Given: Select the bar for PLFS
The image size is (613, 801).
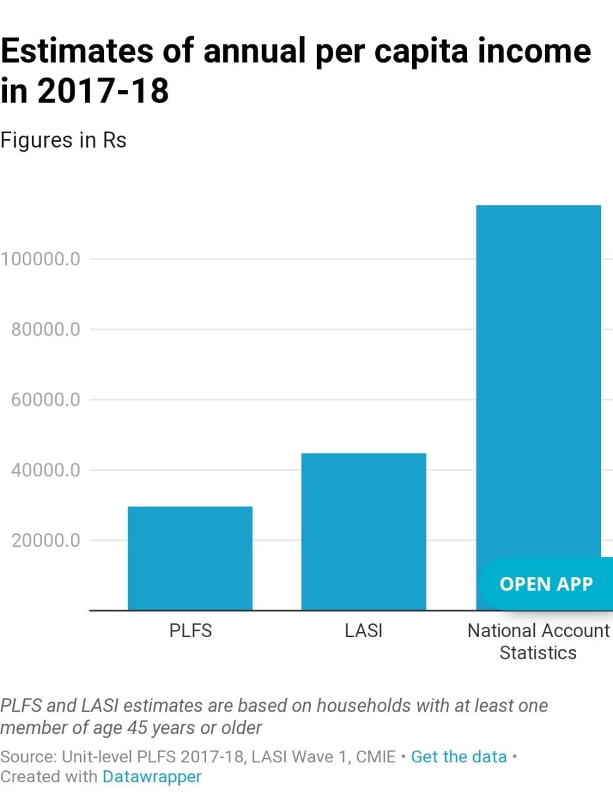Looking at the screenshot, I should pyautogui.click(x=190, y=558).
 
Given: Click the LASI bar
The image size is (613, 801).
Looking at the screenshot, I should pyautogui.click(x=363, y=531).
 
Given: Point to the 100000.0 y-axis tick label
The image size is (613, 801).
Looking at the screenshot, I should pyautogui.click(x=41, y=258).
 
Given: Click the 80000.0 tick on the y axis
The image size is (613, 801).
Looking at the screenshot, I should pyautogui.click(x=46, y=329).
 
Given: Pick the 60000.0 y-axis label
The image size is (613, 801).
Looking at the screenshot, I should pyautogui.click(x=46, y=399).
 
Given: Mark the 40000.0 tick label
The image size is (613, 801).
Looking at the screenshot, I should pyautogui.click(x=46, y=470).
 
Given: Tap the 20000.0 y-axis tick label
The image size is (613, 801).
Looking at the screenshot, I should pyautogui.click(x=46, y=540).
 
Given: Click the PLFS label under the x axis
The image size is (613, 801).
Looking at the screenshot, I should pyautogui.click(x=190, y=630).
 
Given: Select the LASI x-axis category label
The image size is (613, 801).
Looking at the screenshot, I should pyautogui.click(x=363, y=630).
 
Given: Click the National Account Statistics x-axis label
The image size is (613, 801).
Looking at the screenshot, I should pyautogui.click(x=538, y=641).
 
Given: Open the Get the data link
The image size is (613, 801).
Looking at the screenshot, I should pyautogui.click(x=458, y=757).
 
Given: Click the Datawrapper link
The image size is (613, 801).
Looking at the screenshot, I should pyautogui.click(x=152, y=777).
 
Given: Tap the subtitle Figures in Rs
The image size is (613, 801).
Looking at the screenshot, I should pyautogui.click(x=63, y=140).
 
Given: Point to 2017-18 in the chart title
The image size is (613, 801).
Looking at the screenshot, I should pyautogui.click(x=103, y=91).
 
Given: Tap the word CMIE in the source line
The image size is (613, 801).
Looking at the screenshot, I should pyautogui.click(x=376, y=757).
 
